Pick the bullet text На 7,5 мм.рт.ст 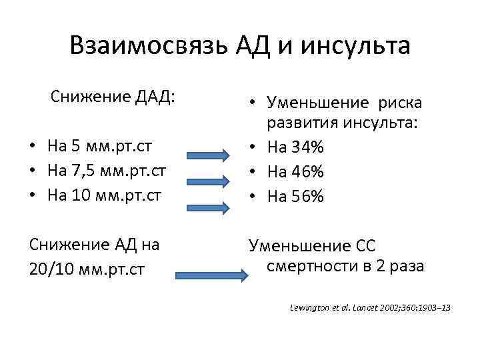pyautogui.click(x=107, y=171)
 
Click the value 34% pyautogui.click(x=309, y=146)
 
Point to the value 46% pyautogui.click(x=309, y=171)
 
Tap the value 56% pyautogui.click(x=309, y=197)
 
